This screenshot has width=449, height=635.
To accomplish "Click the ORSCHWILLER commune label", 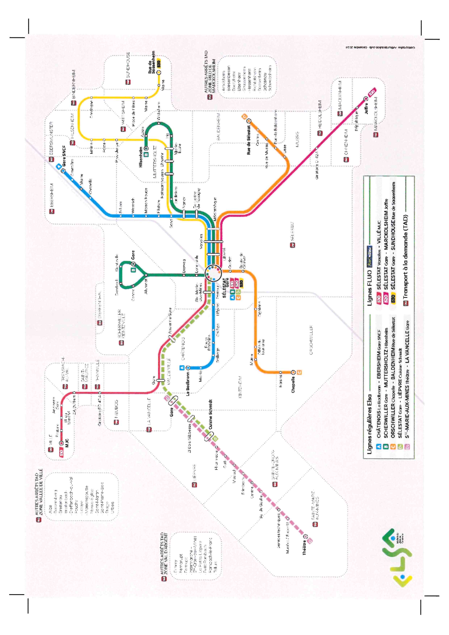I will click(x=311, y=340).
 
